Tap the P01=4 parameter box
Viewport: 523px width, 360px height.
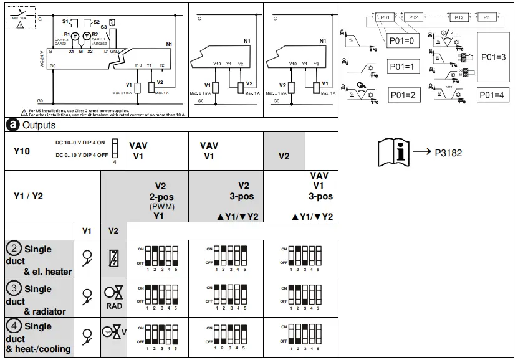494,95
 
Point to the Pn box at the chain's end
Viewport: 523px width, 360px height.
486,18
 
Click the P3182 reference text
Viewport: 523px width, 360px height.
448,153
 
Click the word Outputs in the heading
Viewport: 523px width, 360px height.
39,125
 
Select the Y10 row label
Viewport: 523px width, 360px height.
22,151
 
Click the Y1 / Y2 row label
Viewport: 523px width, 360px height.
29,196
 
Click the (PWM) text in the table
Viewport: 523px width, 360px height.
160,206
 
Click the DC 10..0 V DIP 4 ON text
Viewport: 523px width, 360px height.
80,143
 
